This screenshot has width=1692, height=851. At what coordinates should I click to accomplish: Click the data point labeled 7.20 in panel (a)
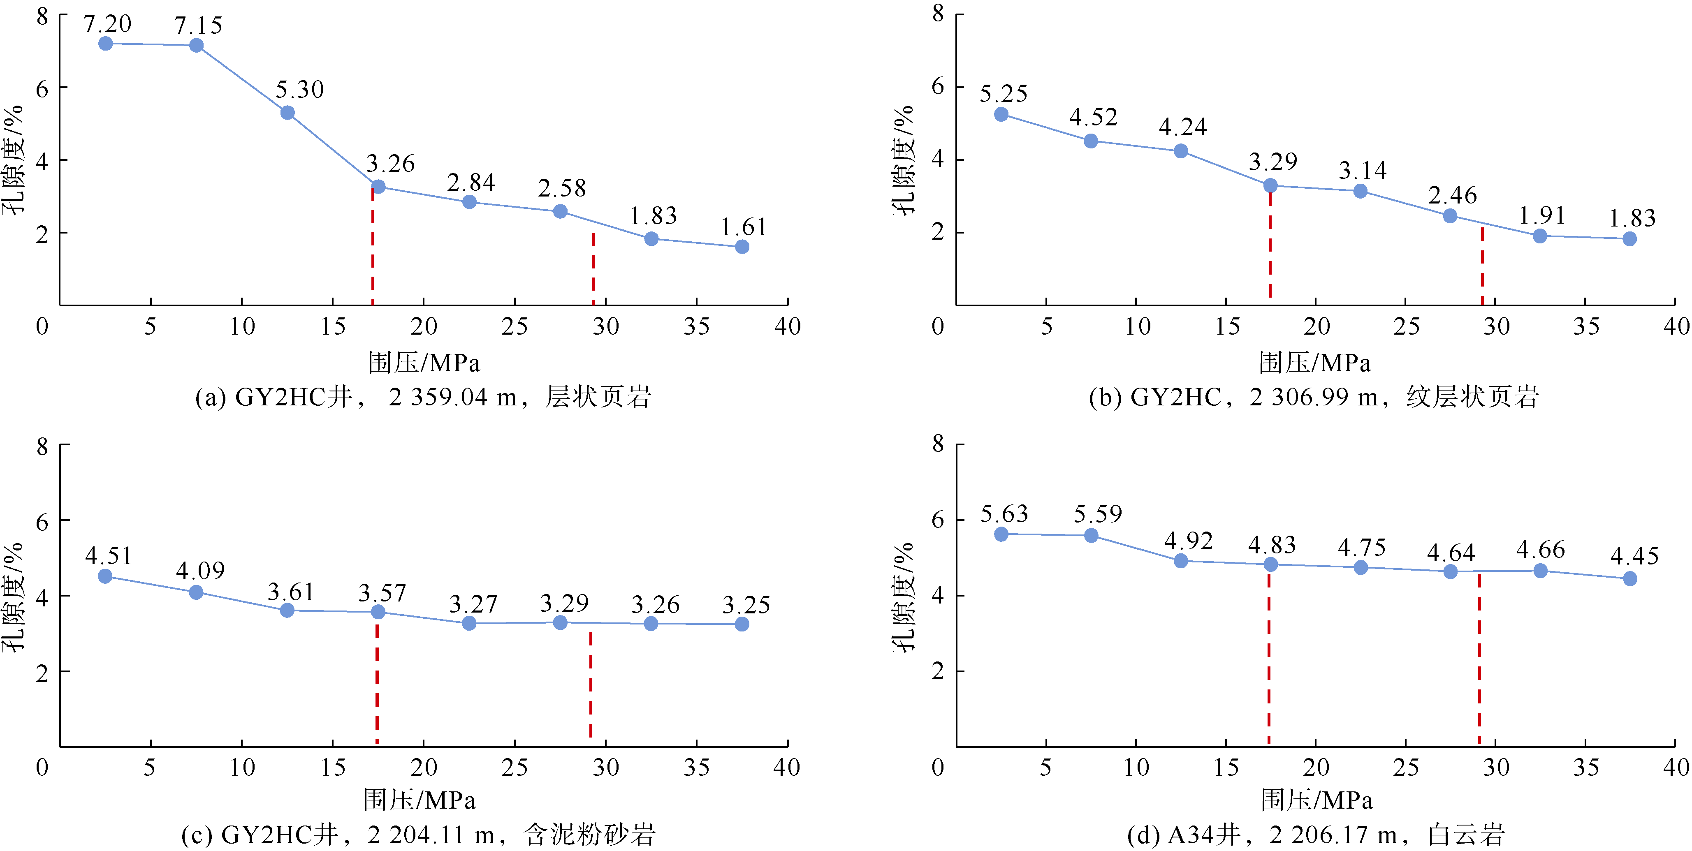105,43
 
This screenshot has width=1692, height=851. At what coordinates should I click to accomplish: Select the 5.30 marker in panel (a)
287,113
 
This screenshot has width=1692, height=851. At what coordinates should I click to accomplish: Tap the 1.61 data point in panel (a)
742,247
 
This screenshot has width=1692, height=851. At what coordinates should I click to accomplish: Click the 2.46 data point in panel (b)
1450,216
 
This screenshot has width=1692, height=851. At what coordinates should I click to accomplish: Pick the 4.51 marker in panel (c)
105,576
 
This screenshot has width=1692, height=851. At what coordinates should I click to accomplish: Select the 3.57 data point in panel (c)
378,612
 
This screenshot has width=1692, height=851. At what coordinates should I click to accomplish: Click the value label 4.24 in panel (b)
1182,127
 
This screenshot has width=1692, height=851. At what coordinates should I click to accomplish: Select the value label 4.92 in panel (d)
1188,541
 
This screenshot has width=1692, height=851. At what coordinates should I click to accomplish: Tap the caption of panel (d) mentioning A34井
1316,835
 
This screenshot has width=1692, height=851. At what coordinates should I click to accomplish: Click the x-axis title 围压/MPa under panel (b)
1315,363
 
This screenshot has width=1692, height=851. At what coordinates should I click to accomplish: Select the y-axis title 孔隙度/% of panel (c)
13,596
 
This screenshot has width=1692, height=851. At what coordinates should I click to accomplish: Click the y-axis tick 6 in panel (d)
938,520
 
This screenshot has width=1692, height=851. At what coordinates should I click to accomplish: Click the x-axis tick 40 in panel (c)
786,767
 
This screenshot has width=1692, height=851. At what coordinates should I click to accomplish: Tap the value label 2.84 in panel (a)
471,183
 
